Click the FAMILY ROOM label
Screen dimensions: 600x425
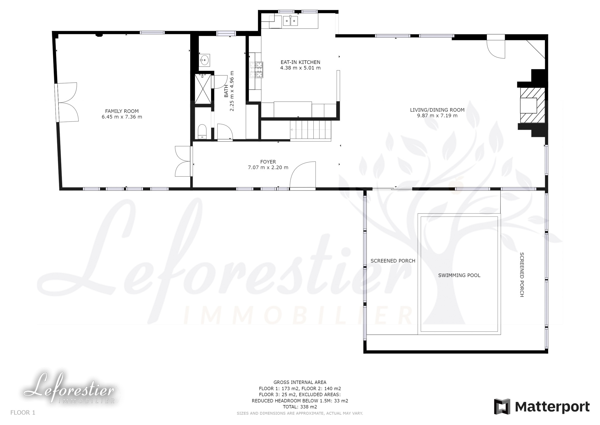[122, 111]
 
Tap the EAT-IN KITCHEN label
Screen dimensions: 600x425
[300, 62]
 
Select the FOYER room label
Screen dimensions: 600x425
[268, 162]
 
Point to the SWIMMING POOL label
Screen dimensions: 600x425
[459, 275]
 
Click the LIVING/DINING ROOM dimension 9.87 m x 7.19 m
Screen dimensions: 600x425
[437, 116]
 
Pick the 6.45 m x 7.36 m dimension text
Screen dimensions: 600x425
[122, 117]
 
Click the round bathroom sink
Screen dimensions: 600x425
[204, 60]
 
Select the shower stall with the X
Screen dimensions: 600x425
[203, 89]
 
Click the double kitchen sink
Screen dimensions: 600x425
[290, 21]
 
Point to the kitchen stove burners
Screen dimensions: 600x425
[256, 70]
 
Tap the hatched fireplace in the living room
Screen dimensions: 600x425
[532, 105]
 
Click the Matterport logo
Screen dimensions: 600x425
[542, 407]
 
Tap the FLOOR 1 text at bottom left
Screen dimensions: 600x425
[23, 413]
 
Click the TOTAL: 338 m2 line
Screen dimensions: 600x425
[300, 407]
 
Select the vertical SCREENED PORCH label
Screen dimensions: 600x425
[521, 275]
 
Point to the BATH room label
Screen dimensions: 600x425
[226, 91]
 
